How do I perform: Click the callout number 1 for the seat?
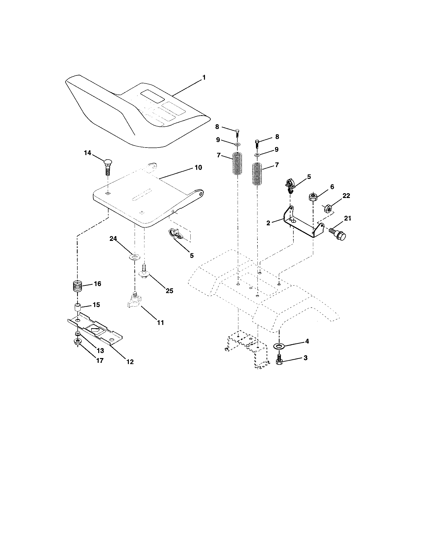pos(204,77)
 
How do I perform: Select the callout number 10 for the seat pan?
pos(198,167)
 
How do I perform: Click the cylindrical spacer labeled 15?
pos(78,308)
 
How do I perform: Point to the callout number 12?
pos(130,362)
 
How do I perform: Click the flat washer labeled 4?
pos(279,346)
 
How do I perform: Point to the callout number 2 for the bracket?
pos(268,223)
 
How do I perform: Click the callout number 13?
pos(100,351)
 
